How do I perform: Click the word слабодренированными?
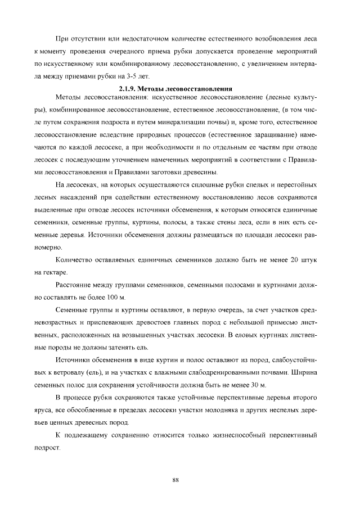(225, 373)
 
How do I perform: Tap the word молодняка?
(209, 410)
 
